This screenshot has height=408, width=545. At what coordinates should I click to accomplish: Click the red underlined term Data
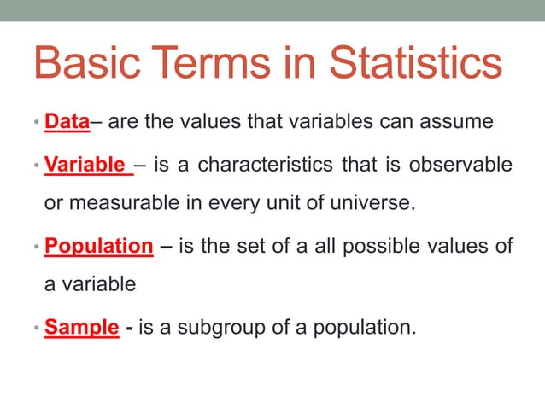[x=67, y=122]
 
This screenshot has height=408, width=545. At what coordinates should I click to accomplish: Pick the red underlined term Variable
[x=85, y=164]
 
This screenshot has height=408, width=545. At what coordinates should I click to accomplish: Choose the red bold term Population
[x=98, y=247]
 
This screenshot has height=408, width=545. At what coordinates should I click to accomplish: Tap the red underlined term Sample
[x=81, y=326]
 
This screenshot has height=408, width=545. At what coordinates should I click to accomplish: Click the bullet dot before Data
[x=37, y=124]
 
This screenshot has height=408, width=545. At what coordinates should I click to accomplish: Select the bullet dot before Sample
[x=37, y=328]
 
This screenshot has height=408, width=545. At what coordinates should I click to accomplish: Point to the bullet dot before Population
[x=37, y=248]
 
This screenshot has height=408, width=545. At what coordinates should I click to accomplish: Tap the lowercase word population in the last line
[x=356, y=326]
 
